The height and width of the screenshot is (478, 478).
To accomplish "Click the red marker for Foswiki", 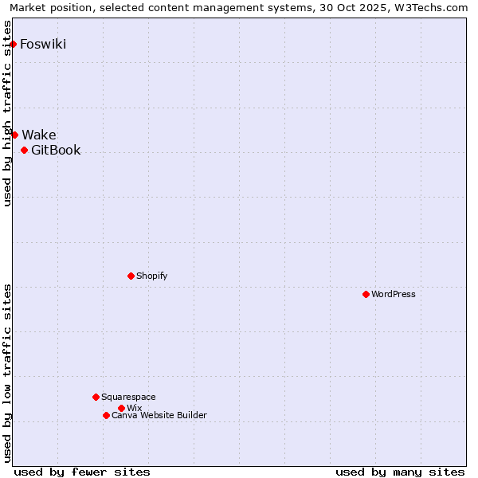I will point(14,44).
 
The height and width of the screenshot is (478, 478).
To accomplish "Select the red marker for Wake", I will point(14,135).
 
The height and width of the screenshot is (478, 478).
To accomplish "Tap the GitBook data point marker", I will point(24,150).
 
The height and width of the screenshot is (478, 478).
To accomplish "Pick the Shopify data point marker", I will point(131,276).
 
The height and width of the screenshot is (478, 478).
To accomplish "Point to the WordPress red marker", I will point(366,294).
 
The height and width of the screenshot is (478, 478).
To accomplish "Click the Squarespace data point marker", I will point(96,397).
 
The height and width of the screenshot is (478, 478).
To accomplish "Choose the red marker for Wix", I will point(121,408).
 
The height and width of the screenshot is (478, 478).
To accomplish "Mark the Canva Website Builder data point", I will point(106,415).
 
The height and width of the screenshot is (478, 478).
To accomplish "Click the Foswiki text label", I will point(43,44).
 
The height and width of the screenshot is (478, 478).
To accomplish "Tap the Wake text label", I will point(39,135).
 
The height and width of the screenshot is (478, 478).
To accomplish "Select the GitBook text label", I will point(56,150).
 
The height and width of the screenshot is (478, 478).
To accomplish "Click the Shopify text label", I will point(151,276).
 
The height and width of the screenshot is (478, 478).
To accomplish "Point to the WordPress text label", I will point(394,294).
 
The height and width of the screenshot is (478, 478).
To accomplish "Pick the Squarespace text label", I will point(128,397).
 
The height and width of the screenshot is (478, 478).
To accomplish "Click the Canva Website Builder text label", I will point(159,415).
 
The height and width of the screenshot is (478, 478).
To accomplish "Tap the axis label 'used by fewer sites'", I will point(82,472).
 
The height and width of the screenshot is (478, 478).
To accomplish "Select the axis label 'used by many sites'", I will point(400,472).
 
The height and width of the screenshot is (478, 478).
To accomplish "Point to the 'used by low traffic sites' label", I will point(8,373).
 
